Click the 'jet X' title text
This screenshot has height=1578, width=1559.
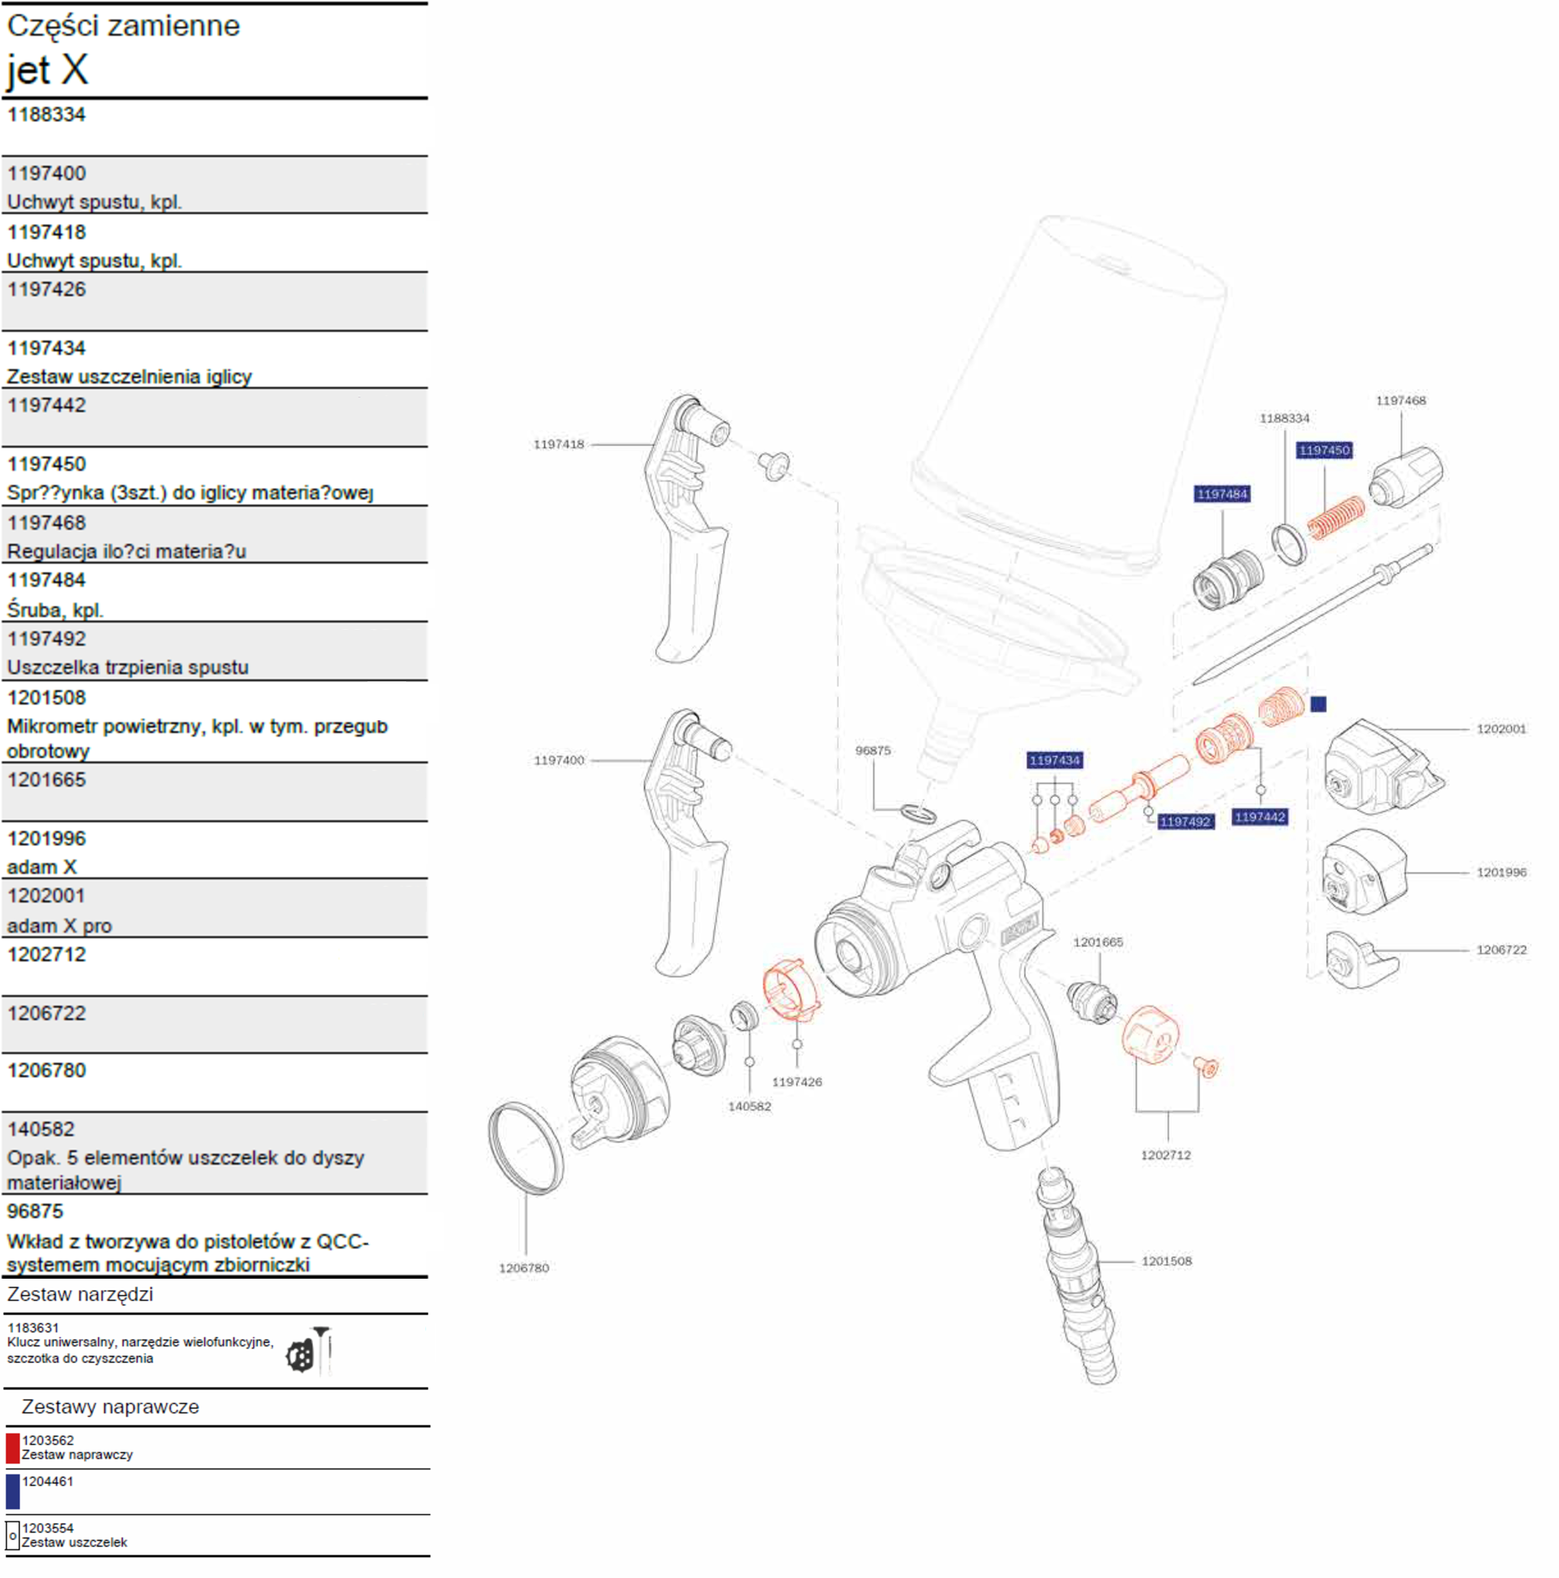(48, 70)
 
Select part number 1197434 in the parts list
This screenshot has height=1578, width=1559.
(47, 348)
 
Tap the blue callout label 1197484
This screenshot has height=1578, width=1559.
(1221, 494)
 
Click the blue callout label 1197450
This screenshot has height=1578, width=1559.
(1324, 450)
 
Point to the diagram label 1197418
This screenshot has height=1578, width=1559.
(559, 445)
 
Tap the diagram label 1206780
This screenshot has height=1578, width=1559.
(523, 1267)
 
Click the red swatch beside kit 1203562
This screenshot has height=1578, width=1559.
(12, 1448)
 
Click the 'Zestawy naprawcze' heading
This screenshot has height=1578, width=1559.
(110, 1406)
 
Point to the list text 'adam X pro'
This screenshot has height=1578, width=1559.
(60, 925)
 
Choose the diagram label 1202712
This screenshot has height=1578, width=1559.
(1166, 1155)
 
